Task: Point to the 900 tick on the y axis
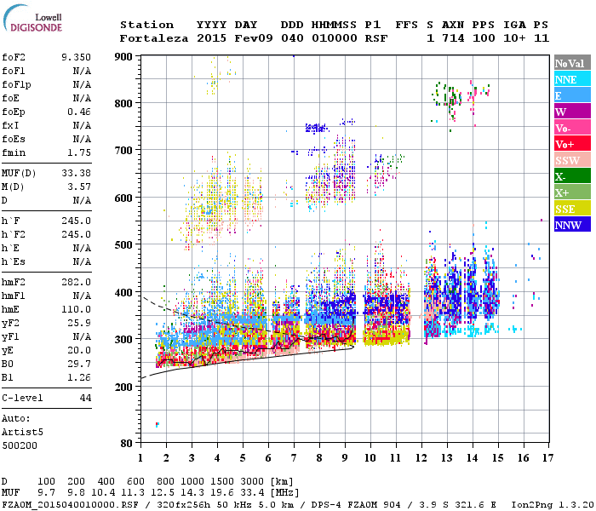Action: tap(124, 56)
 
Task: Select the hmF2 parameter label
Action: tap(17, 282)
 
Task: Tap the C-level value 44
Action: tap(84, 398)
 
